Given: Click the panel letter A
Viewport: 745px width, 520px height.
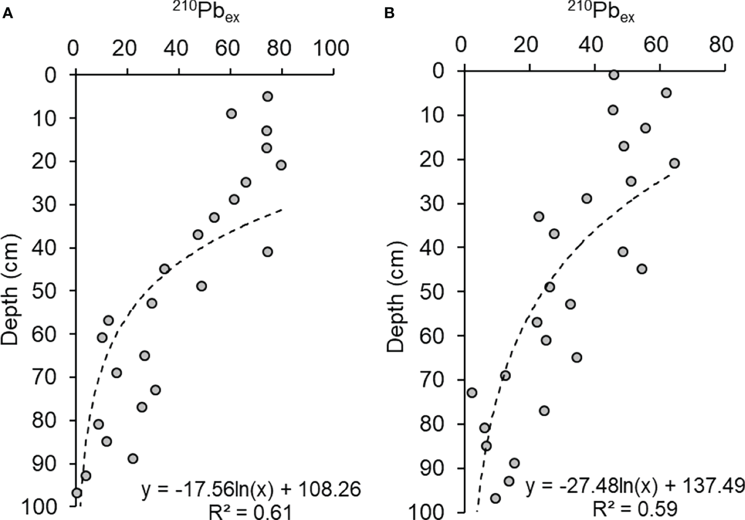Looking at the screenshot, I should pyautogui.click(x=7, y=14).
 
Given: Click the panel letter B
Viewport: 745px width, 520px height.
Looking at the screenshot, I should pyautogui.click(x=390, y=14).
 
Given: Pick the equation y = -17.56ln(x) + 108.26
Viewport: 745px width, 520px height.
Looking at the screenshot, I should pyautogui.click(x=251, y=490).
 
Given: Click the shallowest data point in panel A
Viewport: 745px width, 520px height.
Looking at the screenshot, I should pyautogui.click(x=267, y=96).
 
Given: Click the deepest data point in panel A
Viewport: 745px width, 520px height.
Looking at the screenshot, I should pyautogui.click(x=77, y=493).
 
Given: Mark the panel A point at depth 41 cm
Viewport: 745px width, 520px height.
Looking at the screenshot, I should pyautogui.click(x=267, y=252).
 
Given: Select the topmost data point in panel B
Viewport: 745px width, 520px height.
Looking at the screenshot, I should pyautogui.click(x=613, y=75).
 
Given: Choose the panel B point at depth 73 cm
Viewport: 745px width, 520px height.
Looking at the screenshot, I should pyautogui.click(x=472, y=393).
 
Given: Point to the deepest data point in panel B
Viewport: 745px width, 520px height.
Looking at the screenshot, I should pyautogui.click(x=495, y=498).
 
